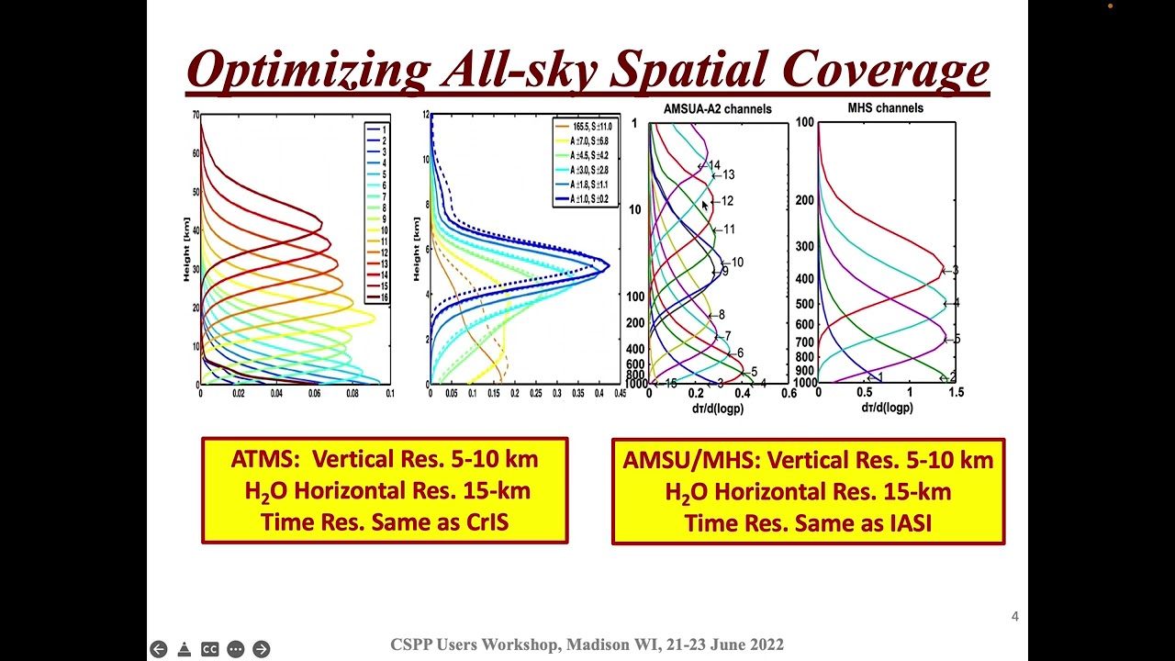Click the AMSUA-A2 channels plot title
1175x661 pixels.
tap(718, 109)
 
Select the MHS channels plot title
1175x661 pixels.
tap(885, 108)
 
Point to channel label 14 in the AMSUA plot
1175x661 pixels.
tap(713, 166)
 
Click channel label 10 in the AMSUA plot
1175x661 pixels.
tap(737, 263)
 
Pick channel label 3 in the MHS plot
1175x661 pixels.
tap(955, 271)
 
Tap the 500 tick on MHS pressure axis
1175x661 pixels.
tap(805, 305)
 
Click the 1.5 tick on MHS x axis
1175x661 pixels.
tap(955, 393)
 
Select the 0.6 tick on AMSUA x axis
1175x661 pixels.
tap(788, 393)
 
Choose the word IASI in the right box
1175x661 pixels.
tap(906, 523)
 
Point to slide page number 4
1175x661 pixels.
tap(1014, 617)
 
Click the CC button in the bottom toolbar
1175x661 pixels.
tap(209, 649)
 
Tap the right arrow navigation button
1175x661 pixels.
tap(262, 649)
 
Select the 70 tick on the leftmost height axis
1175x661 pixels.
tap(196, 115)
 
